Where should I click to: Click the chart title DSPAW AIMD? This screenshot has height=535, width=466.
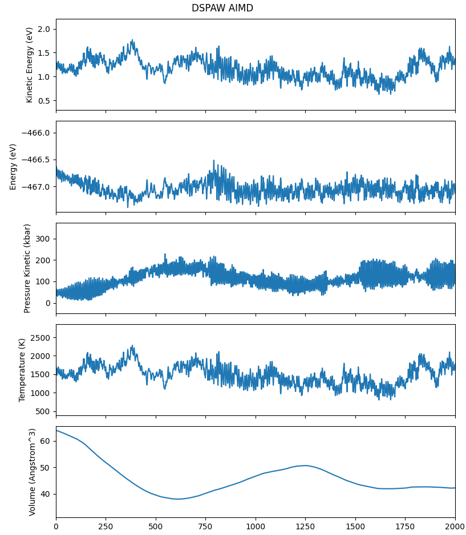click(222, 9)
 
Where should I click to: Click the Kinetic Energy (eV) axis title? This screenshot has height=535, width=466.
click(30, 65)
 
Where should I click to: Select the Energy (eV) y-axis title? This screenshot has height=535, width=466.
click(14, 166)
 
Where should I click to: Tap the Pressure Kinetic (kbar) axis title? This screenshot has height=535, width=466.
click(27, 268)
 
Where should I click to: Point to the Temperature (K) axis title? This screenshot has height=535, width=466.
click(22, 370)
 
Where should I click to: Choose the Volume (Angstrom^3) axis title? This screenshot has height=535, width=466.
click(33, 472)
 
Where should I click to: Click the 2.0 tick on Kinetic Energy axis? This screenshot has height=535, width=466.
click(43, 29)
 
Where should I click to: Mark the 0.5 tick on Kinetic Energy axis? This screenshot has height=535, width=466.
click(43, 101)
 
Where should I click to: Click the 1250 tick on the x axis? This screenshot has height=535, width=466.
click(305, 528)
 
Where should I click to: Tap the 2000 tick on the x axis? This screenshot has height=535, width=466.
click(455, 528)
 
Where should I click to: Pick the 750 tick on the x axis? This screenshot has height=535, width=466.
click(205, 528)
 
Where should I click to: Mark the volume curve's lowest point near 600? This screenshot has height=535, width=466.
click(178, 499)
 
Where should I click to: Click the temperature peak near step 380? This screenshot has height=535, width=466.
click(132, 345)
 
